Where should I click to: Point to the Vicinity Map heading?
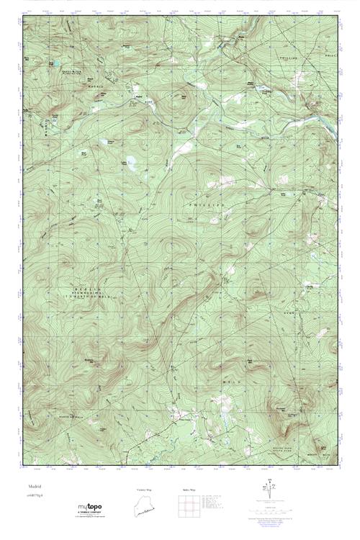tap(145, 489)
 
